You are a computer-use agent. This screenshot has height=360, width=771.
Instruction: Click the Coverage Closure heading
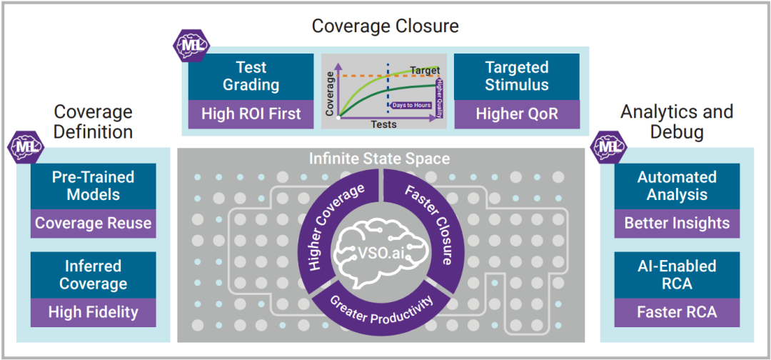click(x=385, y=26)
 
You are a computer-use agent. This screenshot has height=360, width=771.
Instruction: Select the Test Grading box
click(x=251, y=76)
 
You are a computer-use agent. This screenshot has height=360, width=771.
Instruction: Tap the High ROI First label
click(x=251, y=114)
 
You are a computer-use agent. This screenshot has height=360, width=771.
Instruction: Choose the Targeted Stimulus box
click(x=517, y=76)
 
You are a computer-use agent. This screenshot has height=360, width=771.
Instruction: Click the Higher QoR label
click(x=517, y=114)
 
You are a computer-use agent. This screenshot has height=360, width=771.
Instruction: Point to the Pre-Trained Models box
click(x=93, y=186)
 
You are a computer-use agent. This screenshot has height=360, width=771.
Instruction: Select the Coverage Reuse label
click(x=93, y=224)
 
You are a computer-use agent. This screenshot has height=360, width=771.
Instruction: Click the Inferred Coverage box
click(x=93, y=275)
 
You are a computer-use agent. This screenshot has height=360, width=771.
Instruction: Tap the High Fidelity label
click(x=93, y=312)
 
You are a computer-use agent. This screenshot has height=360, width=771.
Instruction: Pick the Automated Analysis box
click(x=677, y=186)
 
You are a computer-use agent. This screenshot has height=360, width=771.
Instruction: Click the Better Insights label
click(x=677, y=224)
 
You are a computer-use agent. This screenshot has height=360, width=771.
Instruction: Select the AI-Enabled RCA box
click(x=677, y=275)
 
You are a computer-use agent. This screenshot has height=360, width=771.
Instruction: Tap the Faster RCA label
click(x=677, y=312)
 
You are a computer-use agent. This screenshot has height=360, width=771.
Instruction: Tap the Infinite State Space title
click(x=379, y=158)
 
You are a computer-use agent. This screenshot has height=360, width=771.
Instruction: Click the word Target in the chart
click(x=425, y=71)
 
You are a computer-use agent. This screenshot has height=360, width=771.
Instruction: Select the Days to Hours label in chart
click(x=411, y=106)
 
